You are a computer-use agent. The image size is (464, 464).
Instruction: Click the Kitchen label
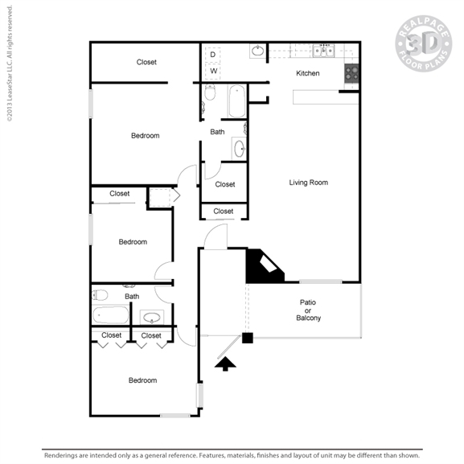coord(308,73)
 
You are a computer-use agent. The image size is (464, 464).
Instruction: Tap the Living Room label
coord(308,183)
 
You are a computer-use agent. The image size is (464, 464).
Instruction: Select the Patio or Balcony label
coord(308,310)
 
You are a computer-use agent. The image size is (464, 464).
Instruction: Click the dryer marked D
coord(213,55)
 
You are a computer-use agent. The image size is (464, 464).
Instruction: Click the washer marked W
coord(213,71)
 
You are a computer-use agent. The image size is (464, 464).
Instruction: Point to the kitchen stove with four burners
coord(351,73)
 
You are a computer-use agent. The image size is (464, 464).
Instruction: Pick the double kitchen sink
coord(324,51)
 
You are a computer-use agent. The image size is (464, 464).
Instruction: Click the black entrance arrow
coord(225,363)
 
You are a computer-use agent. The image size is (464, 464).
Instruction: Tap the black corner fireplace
coord(265,266)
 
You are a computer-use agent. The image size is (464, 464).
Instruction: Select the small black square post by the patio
coord(248,338)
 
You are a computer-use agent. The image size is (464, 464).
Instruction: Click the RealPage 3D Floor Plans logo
coord(424,43)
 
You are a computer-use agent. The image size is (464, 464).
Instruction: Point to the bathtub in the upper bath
coord(237,101)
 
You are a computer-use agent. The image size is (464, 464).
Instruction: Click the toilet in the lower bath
coord(100,295)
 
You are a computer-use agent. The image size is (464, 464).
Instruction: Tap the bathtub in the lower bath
coord(111,315)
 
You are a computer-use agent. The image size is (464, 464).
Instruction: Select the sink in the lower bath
coord(152,318)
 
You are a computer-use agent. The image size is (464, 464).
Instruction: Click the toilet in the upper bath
coord(210,92)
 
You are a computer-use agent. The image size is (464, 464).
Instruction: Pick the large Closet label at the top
coord(146,62)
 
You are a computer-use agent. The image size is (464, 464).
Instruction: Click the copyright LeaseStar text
coord(10,64)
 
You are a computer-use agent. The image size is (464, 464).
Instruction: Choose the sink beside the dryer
coord(258,51)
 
